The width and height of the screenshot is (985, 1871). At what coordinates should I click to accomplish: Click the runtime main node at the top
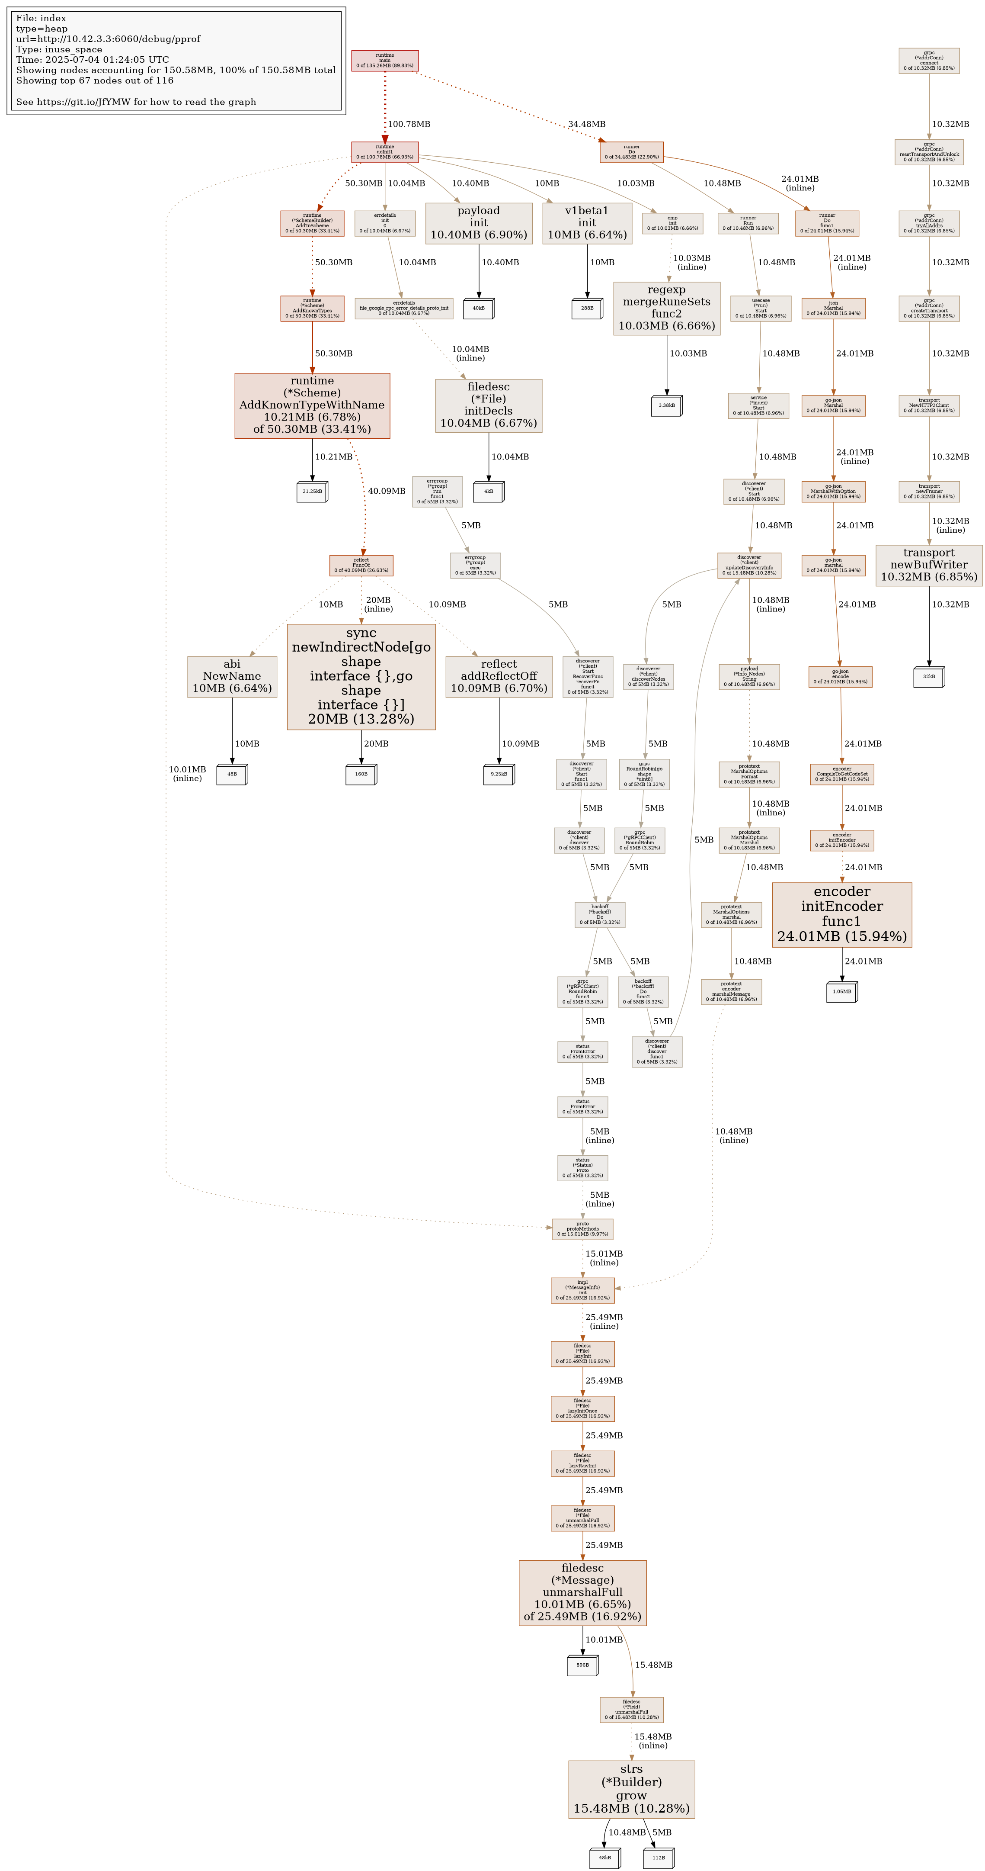click(385, 60)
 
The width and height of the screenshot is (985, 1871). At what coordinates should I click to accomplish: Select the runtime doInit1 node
click(385, 152)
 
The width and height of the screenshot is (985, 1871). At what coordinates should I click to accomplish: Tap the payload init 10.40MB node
click(478, 223)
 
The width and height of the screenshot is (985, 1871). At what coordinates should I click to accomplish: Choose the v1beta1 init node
click(586, 223)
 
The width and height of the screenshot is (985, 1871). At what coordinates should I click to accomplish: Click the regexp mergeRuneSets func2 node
click(666, 308)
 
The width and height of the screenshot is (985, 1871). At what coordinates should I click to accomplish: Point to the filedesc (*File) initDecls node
click(489, 405)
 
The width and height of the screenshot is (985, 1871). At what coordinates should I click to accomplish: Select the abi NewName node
click(232, 676)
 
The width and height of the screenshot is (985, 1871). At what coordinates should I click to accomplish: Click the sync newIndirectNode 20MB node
click(361, 676)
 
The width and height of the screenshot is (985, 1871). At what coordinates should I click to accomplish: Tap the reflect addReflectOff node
click(499, 676)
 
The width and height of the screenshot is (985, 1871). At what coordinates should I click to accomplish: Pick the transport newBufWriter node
click(928, 565)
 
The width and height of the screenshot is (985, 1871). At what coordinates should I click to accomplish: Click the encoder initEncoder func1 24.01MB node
click(841, 914)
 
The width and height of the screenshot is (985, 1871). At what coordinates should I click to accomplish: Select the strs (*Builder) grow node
click(631, 1789)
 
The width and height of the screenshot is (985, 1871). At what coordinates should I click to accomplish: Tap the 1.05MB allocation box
click(841, 991)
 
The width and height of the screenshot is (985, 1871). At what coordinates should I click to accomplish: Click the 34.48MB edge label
click(586, 124)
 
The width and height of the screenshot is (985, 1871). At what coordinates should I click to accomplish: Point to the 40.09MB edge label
click(386, 491)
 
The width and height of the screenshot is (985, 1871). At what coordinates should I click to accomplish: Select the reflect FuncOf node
click(361, 565)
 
